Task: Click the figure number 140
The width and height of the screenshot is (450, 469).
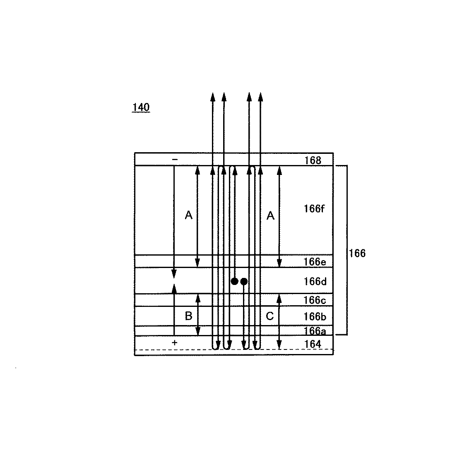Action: [141, 107]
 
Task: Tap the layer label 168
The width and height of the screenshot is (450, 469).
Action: [313, 160]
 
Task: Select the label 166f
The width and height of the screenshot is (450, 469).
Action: [314, 208]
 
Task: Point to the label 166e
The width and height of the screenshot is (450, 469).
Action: [315, 262]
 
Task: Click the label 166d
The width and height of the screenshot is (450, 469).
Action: [315, 281]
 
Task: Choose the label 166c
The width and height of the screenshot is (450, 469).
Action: [315, 300]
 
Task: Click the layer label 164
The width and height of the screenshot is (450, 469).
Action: [313, 344]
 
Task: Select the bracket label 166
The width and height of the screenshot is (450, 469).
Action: [357, 254]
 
